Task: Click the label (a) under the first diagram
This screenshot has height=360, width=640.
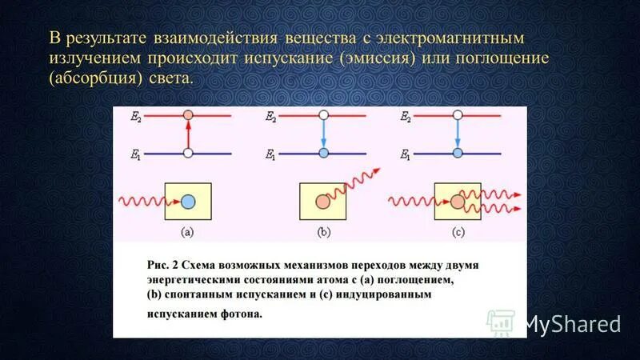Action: click(x=187, y=233)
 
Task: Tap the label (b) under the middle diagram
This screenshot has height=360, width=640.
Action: click(x=323, y=233)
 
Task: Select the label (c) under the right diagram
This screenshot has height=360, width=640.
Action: click(x=458, y=233)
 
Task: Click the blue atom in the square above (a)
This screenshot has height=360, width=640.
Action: click(x=187, y=202)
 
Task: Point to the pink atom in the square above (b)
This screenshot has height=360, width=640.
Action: click(x=322, y=202)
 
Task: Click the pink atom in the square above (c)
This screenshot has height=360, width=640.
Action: click(x=457, y=202)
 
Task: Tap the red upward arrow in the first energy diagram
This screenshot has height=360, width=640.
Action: click(x=187, y=134)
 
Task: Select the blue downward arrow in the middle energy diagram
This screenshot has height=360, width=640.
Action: click(x=323, y=134)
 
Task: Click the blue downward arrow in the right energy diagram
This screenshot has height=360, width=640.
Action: click(x=458, y=134)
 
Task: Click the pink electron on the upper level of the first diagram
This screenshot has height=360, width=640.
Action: click(x=187, y=116)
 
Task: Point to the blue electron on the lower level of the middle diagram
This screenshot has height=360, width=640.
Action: click(x=323, y=153)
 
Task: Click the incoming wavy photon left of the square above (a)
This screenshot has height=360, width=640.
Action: click(x=140, y=201)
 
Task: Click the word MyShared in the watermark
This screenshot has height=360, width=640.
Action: click(x=572, y=323)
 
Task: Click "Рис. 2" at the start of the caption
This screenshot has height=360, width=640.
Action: click(x=164, y=263)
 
